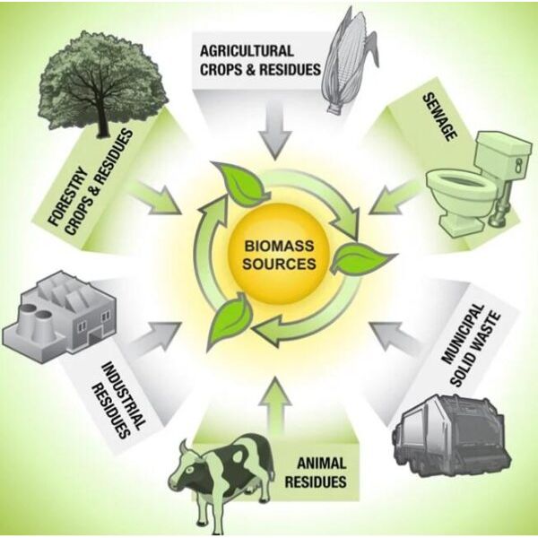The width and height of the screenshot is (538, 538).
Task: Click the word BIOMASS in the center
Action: pyautogui.click(x=279, y=246)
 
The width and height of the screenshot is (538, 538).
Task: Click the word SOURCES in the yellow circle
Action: pyautogui.click(x=279, y=264)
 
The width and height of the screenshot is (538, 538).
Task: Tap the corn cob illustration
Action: pyautogui.click(x=347, y=62)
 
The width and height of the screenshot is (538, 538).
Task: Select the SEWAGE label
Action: pyautogui.click(x=440, y=117)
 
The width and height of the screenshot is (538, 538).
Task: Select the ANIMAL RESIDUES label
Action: pyautogui.click(x=316, y=473)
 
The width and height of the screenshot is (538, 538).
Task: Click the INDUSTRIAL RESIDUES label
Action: pyautogui.click(x=117, y=400)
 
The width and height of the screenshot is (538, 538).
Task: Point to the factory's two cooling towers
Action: pyautogui.click(x=35, y=322)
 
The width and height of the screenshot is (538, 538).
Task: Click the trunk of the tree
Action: pyautogui.click(x=102, y=117)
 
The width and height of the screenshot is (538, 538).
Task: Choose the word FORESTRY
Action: pyautogui.click(x=66, y=196)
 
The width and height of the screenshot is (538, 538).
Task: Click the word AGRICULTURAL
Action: pyautogui.click(x=247, y=51)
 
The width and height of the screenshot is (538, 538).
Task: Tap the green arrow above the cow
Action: pyautogui.click(x=275, y=405)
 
